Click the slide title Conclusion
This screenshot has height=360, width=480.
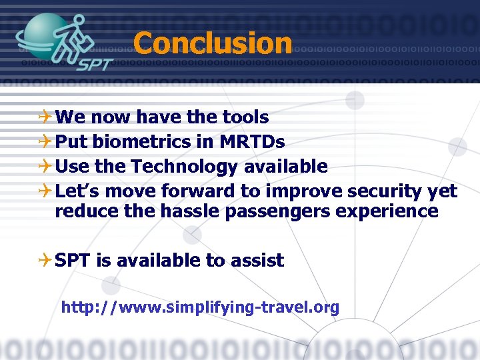coord(213,44)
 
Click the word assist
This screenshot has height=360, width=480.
coord(256,260)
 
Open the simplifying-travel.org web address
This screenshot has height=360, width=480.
coord(200,307)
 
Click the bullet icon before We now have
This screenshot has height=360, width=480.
coord(44,118)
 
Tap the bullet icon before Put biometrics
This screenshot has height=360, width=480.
coord(44,142)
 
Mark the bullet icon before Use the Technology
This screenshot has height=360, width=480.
coord(44,167)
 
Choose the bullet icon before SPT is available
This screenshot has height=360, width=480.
coord(44,261)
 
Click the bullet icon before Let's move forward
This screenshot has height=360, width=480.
coord(44,191)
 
